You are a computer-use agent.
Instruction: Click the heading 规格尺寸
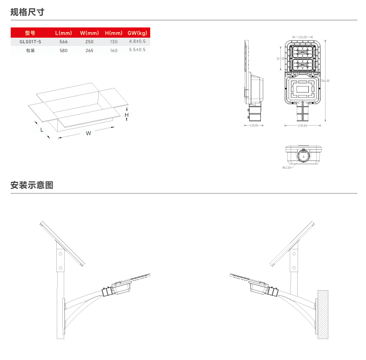[x=27, y=12]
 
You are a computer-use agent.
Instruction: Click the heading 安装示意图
[x=32, y=185]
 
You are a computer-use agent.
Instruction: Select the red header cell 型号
[x=30, y=33]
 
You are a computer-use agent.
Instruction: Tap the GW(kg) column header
[x=137, y=33]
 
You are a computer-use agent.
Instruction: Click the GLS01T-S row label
[x=30, y=42]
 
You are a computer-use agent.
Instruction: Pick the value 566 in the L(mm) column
[x=63, y=42]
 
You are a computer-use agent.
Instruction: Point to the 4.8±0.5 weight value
[x=137, y=41]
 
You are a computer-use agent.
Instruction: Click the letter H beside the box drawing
[x=126, y=114]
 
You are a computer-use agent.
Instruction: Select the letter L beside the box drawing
[x=42, y=130]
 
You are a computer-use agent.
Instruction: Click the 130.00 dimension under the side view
[x=253, y=126]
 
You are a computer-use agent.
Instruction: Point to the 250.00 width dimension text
[x=303, y=126]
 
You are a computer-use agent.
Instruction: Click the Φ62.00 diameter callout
[x=286, y=167]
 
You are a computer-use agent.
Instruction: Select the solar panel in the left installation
[x=62, y=243]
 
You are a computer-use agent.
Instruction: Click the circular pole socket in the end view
[x=303, y=157]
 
